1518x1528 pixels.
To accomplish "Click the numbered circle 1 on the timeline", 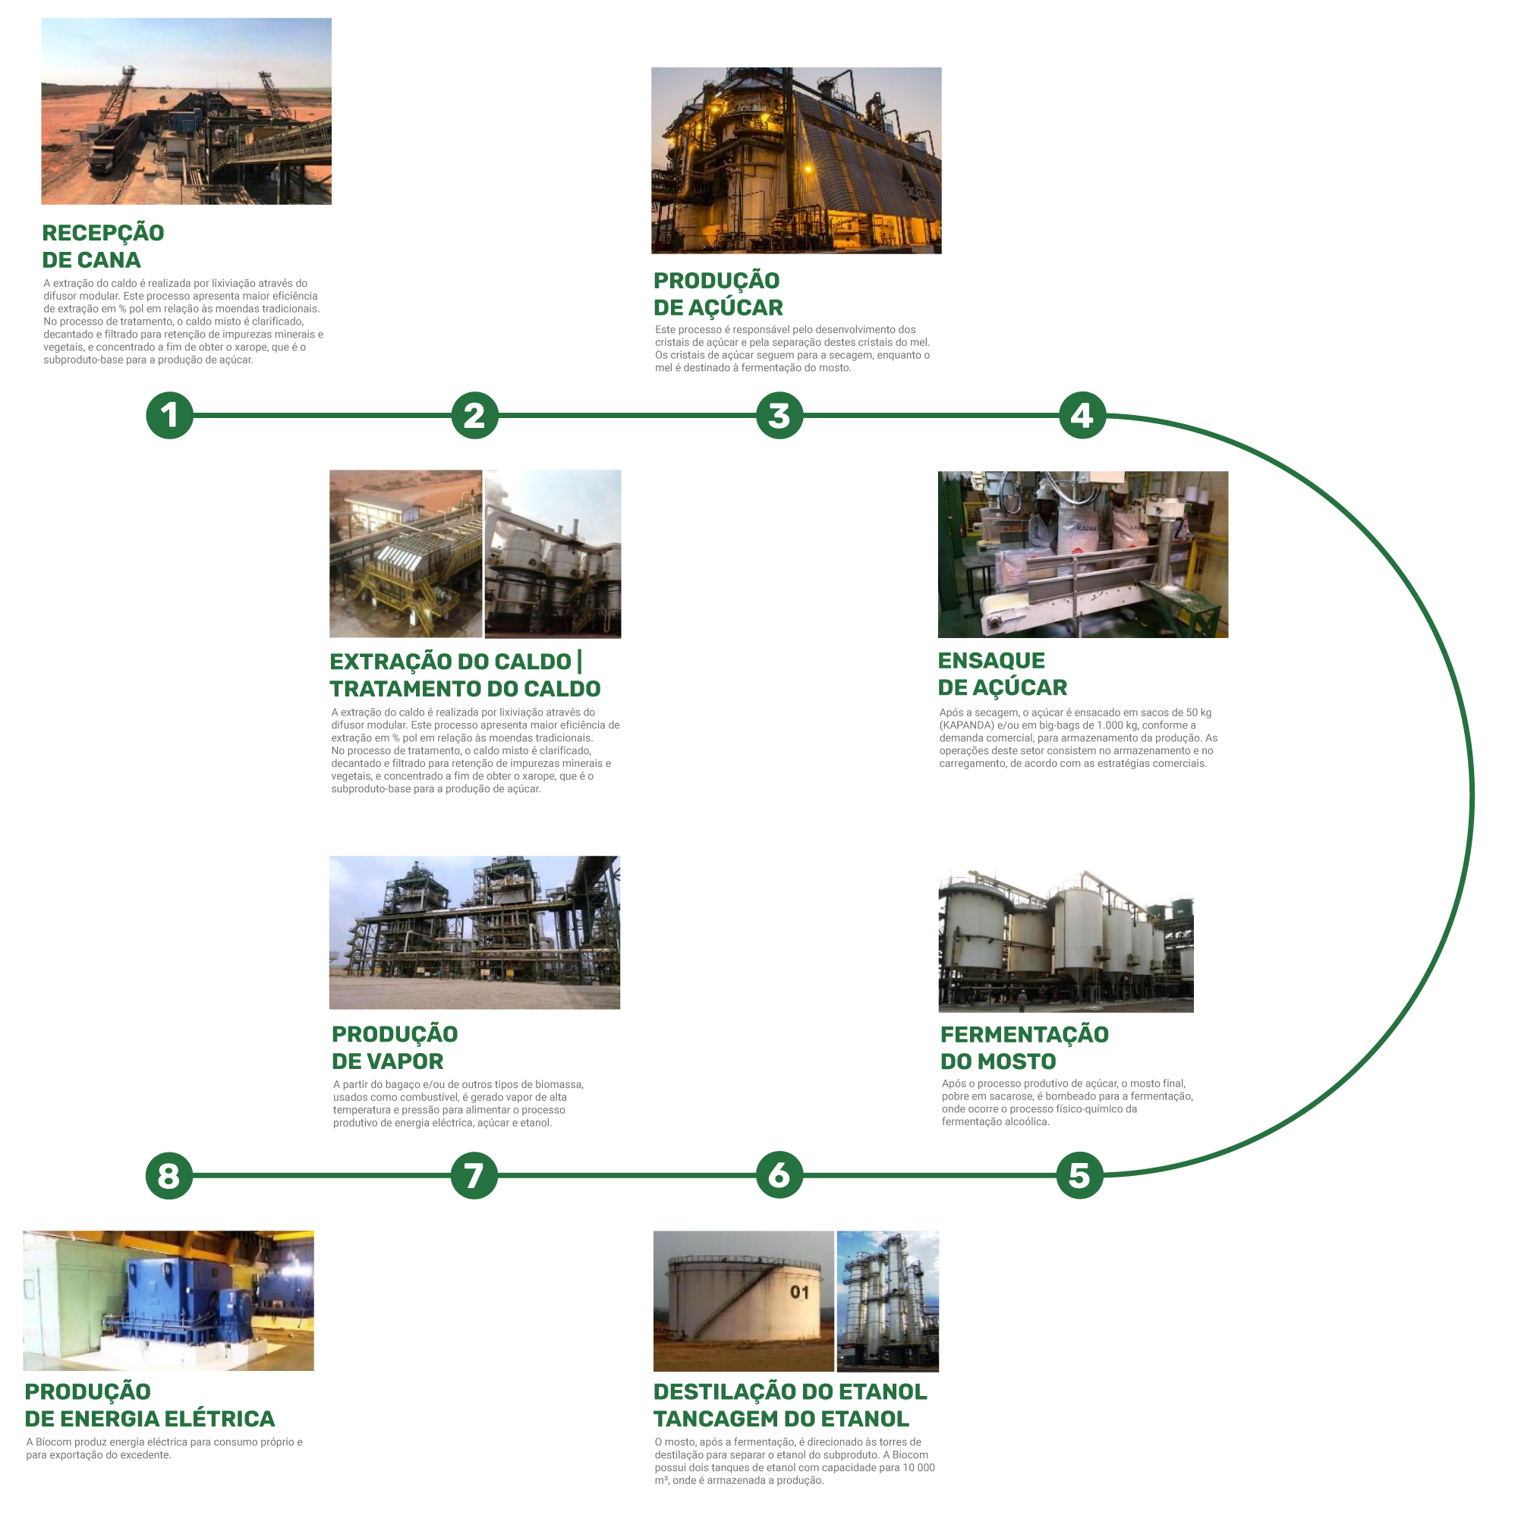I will (x=169, y=415).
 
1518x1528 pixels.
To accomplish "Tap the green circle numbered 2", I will (x=474, y=415).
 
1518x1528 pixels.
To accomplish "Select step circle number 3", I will (x=779, y=415).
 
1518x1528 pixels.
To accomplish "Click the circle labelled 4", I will (x=1082, y=415).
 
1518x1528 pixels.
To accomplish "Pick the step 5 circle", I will (x=1080, y=1175).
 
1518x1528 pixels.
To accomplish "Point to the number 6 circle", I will (x=779, y=1175).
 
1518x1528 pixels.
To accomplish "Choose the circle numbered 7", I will (x=474, y=1175).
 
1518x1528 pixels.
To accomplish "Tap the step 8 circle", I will (x=168, y=1175).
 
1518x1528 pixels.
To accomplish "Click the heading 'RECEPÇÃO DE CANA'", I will (x=102, y=246).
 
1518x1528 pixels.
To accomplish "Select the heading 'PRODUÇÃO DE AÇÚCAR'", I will (x=717, y=294).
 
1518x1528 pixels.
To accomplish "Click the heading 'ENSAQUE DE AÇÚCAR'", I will (x=1002, y=674).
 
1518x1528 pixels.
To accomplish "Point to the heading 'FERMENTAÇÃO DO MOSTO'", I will (x=1025, y=1047).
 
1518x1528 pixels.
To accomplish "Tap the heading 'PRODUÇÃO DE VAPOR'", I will (x=394, y=1047).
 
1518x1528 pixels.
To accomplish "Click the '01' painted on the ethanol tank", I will (x=800, y=1292).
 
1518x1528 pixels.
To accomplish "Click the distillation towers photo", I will (x=887, y=1300).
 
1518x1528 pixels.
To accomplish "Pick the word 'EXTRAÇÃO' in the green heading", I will (x=379, y=662).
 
